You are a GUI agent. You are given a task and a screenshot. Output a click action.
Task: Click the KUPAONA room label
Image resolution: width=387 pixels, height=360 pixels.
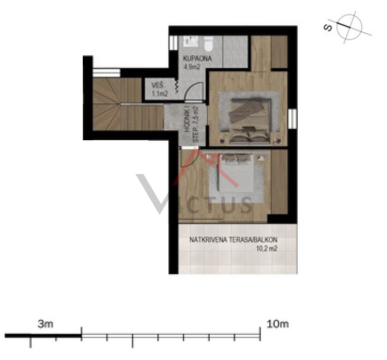pyautogui.click(x=197, y=59)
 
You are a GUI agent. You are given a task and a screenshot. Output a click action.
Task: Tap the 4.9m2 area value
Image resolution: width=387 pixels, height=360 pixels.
pyautogui.click(x=192, y=67)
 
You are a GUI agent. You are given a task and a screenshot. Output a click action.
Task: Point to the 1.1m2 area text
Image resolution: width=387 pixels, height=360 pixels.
pyautogui.click(x=160, y=93)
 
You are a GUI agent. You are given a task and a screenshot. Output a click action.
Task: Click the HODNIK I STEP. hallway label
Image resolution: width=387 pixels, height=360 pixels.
pyautogui.click(x=192, y=124)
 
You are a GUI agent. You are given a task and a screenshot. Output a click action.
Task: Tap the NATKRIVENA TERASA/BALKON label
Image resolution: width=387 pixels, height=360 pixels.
pyautogui.click(x=233, y=240)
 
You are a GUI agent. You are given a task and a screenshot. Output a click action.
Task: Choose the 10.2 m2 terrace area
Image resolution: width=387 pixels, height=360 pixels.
pyautogui.click(x=267, y=248)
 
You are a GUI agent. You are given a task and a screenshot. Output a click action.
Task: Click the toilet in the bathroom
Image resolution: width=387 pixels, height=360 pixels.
pyautogui.click(x=209, y=43)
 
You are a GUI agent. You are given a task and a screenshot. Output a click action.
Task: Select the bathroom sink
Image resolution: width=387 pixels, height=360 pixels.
pyautogui.click(x=190, y=41)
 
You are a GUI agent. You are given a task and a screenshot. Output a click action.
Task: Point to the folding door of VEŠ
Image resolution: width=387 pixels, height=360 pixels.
pyautogui.click(x=177, y=87)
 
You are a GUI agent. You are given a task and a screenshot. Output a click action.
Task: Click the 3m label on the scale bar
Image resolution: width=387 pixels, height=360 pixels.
pyautogui.click(x=45, y=324)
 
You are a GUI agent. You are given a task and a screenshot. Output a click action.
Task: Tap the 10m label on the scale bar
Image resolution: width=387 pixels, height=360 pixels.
pyautogui.click(x=277, y=323)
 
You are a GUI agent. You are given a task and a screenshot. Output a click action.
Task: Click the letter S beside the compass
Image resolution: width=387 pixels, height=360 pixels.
pyautogui.click(x=328, y=27)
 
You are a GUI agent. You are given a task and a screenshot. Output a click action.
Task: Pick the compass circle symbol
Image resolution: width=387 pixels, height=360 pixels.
pyautogui.click(x=349, y=27)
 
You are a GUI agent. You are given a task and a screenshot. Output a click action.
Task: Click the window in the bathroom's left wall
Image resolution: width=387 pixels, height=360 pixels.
pyautogui.click(x=173, y=42)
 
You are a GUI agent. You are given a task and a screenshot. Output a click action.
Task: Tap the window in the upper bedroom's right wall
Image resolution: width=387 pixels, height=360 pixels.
pyautogui.click(x=292, y=118)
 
